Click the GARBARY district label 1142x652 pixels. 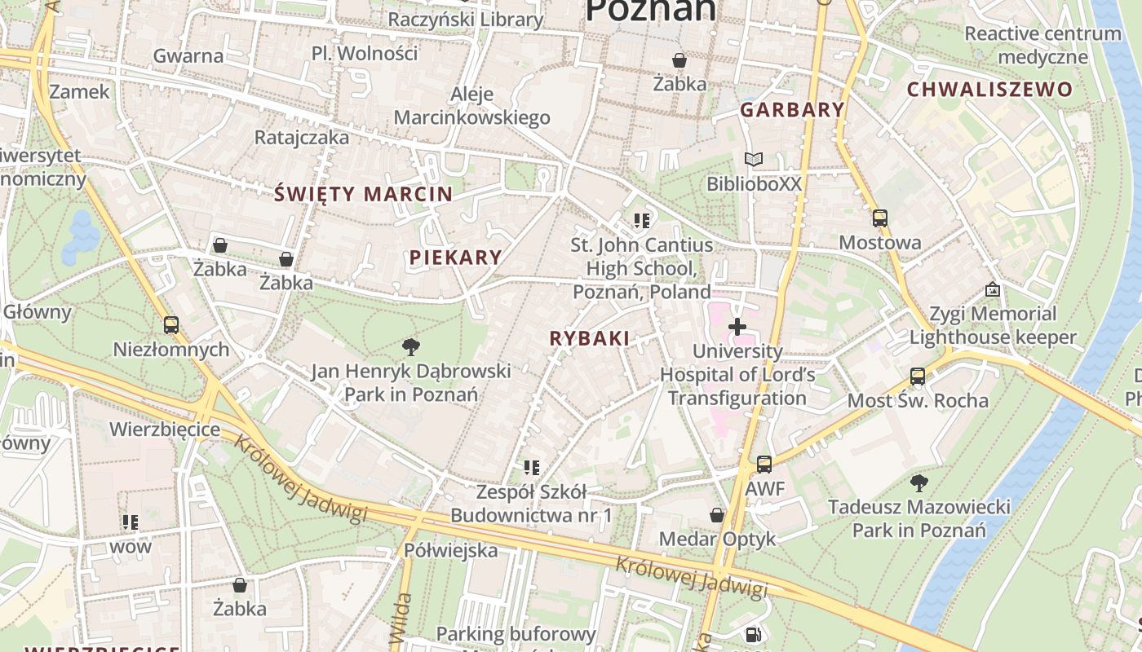coord(792,110)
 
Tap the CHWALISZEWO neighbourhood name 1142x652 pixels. coord(989,90)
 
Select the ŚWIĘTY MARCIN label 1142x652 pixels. coord(363,194)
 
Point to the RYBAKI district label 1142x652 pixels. coord(589,338)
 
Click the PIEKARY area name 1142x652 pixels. coord(455,258)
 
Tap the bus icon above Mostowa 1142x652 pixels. coord(879,218)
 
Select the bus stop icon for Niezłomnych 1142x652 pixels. coord(170,325)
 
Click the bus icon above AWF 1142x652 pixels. coord(764,465)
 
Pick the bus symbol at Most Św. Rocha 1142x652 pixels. coord(918,377)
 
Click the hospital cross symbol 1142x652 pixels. coord(737,328)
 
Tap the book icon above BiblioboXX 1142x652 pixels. coord(754,160)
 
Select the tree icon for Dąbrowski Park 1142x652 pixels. coord(411,348)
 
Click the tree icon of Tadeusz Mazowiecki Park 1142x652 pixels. coord(918,483)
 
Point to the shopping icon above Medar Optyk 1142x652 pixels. coord(716,515)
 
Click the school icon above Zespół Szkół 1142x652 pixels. coord(532,468)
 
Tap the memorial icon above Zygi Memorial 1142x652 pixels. coord(992,290)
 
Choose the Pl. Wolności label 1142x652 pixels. coord(365,54)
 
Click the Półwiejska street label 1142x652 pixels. coord(450,550)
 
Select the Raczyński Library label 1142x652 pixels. coord(465,20)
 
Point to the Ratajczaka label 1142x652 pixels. coord(302,137)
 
